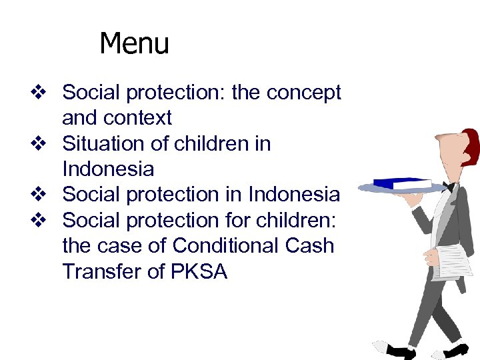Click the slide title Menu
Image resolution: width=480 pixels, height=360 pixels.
[134, 44]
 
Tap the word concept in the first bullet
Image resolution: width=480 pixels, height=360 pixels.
[303, 93]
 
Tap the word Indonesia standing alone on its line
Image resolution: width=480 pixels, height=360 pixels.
[107, 169]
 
